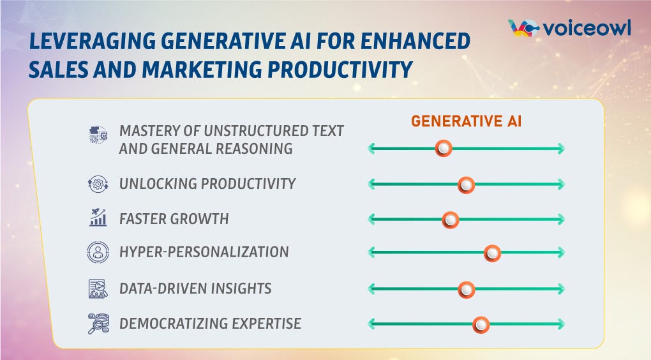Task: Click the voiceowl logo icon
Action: pos(523,28)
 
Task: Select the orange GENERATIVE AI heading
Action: pos(466,121)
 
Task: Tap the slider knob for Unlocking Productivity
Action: pos(467,185)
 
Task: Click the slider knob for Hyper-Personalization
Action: pos(491,253)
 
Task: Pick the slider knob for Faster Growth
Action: pos(451,220)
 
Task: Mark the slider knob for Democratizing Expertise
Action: pos(481,325)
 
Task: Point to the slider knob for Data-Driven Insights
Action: pos(467,290)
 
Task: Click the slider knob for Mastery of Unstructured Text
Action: pos(443,149)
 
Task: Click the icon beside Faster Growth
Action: pos(98,218)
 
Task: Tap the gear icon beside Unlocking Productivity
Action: pos(98,184)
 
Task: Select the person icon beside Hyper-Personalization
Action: pos(98,252)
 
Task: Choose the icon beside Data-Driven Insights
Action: pos(98,289)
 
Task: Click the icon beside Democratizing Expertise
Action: pos(98,324)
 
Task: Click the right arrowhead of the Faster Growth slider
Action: pos(560,220)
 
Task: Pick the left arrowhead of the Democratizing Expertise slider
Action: pos(372,325)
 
